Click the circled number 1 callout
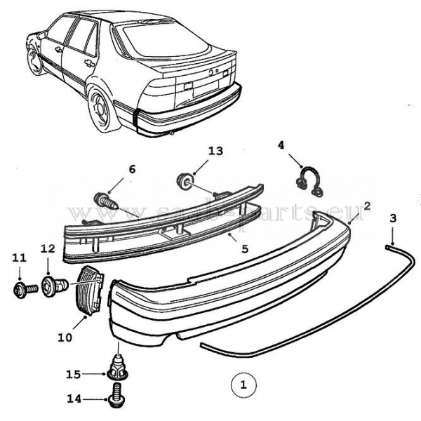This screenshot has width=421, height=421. tap(243, 385)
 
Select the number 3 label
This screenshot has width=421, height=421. tap(393, 218)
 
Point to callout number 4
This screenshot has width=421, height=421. tap(281, 146)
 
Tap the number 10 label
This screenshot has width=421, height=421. tap(65, 337)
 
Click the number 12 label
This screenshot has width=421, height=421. tap(47, 248)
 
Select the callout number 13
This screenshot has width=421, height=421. tap(215, 151)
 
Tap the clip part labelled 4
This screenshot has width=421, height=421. tap(308, 180)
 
